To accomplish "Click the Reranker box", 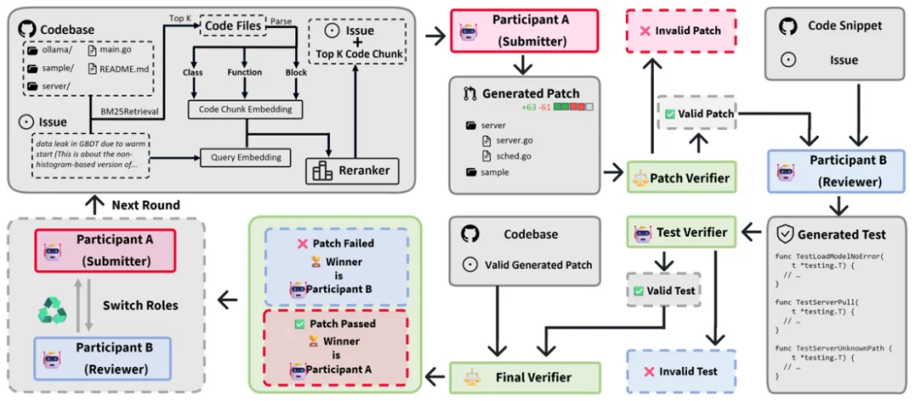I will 352,170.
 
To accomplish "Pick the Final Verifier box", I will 524,376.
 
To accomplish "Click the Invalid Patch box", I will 680,31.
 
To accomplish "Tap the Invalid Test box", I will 680,371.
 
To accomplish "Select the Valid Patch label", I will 699,113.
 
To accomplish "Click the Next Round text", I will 145,205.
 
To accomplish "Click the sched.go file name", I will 514,156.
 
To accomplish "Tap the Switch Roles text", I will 139,305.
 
